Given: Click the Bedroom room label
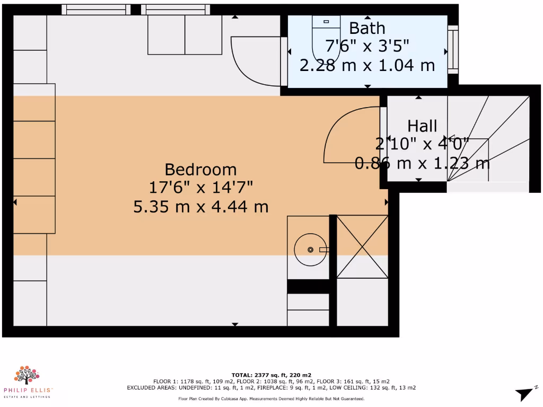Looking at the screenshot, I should pyautogui.click(x=200, y=170).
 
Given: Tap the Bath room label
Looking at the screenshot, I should pyautogui.click(x=367, y=28).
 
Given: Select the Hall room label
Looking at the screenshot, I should pyautogui.click(x=422, y=126).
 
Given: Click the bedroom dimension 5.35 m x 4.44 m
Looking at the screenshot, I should pyautogui.click(x=200, y=207).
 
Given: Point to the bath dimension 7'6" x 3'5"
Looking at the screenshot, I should pyautogui.click(x=367, y=47).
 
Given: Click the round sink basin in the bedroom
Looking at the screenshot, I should pyautogui.click(x=310, y=250).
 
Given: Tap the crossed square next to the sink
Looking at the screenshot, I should pyautogui.click(x=362, y=246).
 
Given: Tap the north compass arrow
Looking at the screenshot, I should pyautogui.click(x=523, y=393).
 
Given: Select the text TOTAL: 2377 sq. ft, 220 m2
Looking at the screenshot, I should pyautogui.click(x=271, y=375).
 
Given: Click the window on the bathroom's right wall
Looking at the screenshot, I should pyautogui.click(x=452, y=49).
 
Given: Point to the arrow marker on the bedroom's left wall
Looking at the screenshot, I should pyautogui.click(x=15, y=202).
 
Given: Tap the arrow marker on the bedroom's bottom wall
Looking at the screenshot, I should pyautogui.click(x=235, y=324).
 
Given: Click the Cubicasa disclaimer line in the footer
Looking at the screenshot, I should pyautogui.click(x=271, y=399).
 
